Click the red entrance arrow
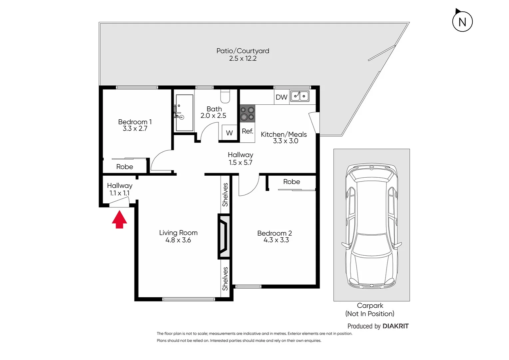pyautogui.click(x=119, y=220)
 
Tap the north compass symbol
pyautogui.click(x=462, y=21)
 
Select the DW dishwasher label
pyautogui.click(x=281, y=97)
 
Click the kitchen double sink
pyautogui.click(x=299, y=96)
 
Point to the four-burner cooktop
pyautogui.click(x=248, y=113)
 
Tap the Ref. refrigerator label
pyautogui.click(x=248, y=131)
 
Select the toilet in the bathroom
pyautogui.click(x=225, y=96)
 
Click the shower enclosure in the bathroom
pyautogui.click(x=184, y=113)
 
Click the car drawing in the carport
pyautogui.click(x=371, y=226)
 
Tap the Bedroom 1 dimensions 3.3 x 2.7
pyautogui.click(x=135, y=129)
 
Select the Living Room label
pyautogui.click(x=178, y=233)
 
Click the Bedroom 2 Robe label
pyautogui.click(x=291, y=182)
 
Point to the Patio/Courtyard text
pyautogui.click(x=243, y=51)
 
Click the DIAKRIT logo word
pyautogui.click(x=395, y=326)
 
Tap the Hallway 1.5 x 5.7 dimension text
pyautogui.click(x=240, y=163)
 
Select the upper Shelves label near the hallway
pyautogui.click(x=225, y=195)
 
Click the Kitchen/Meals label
pyautogui.click(x=283, y=134)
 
